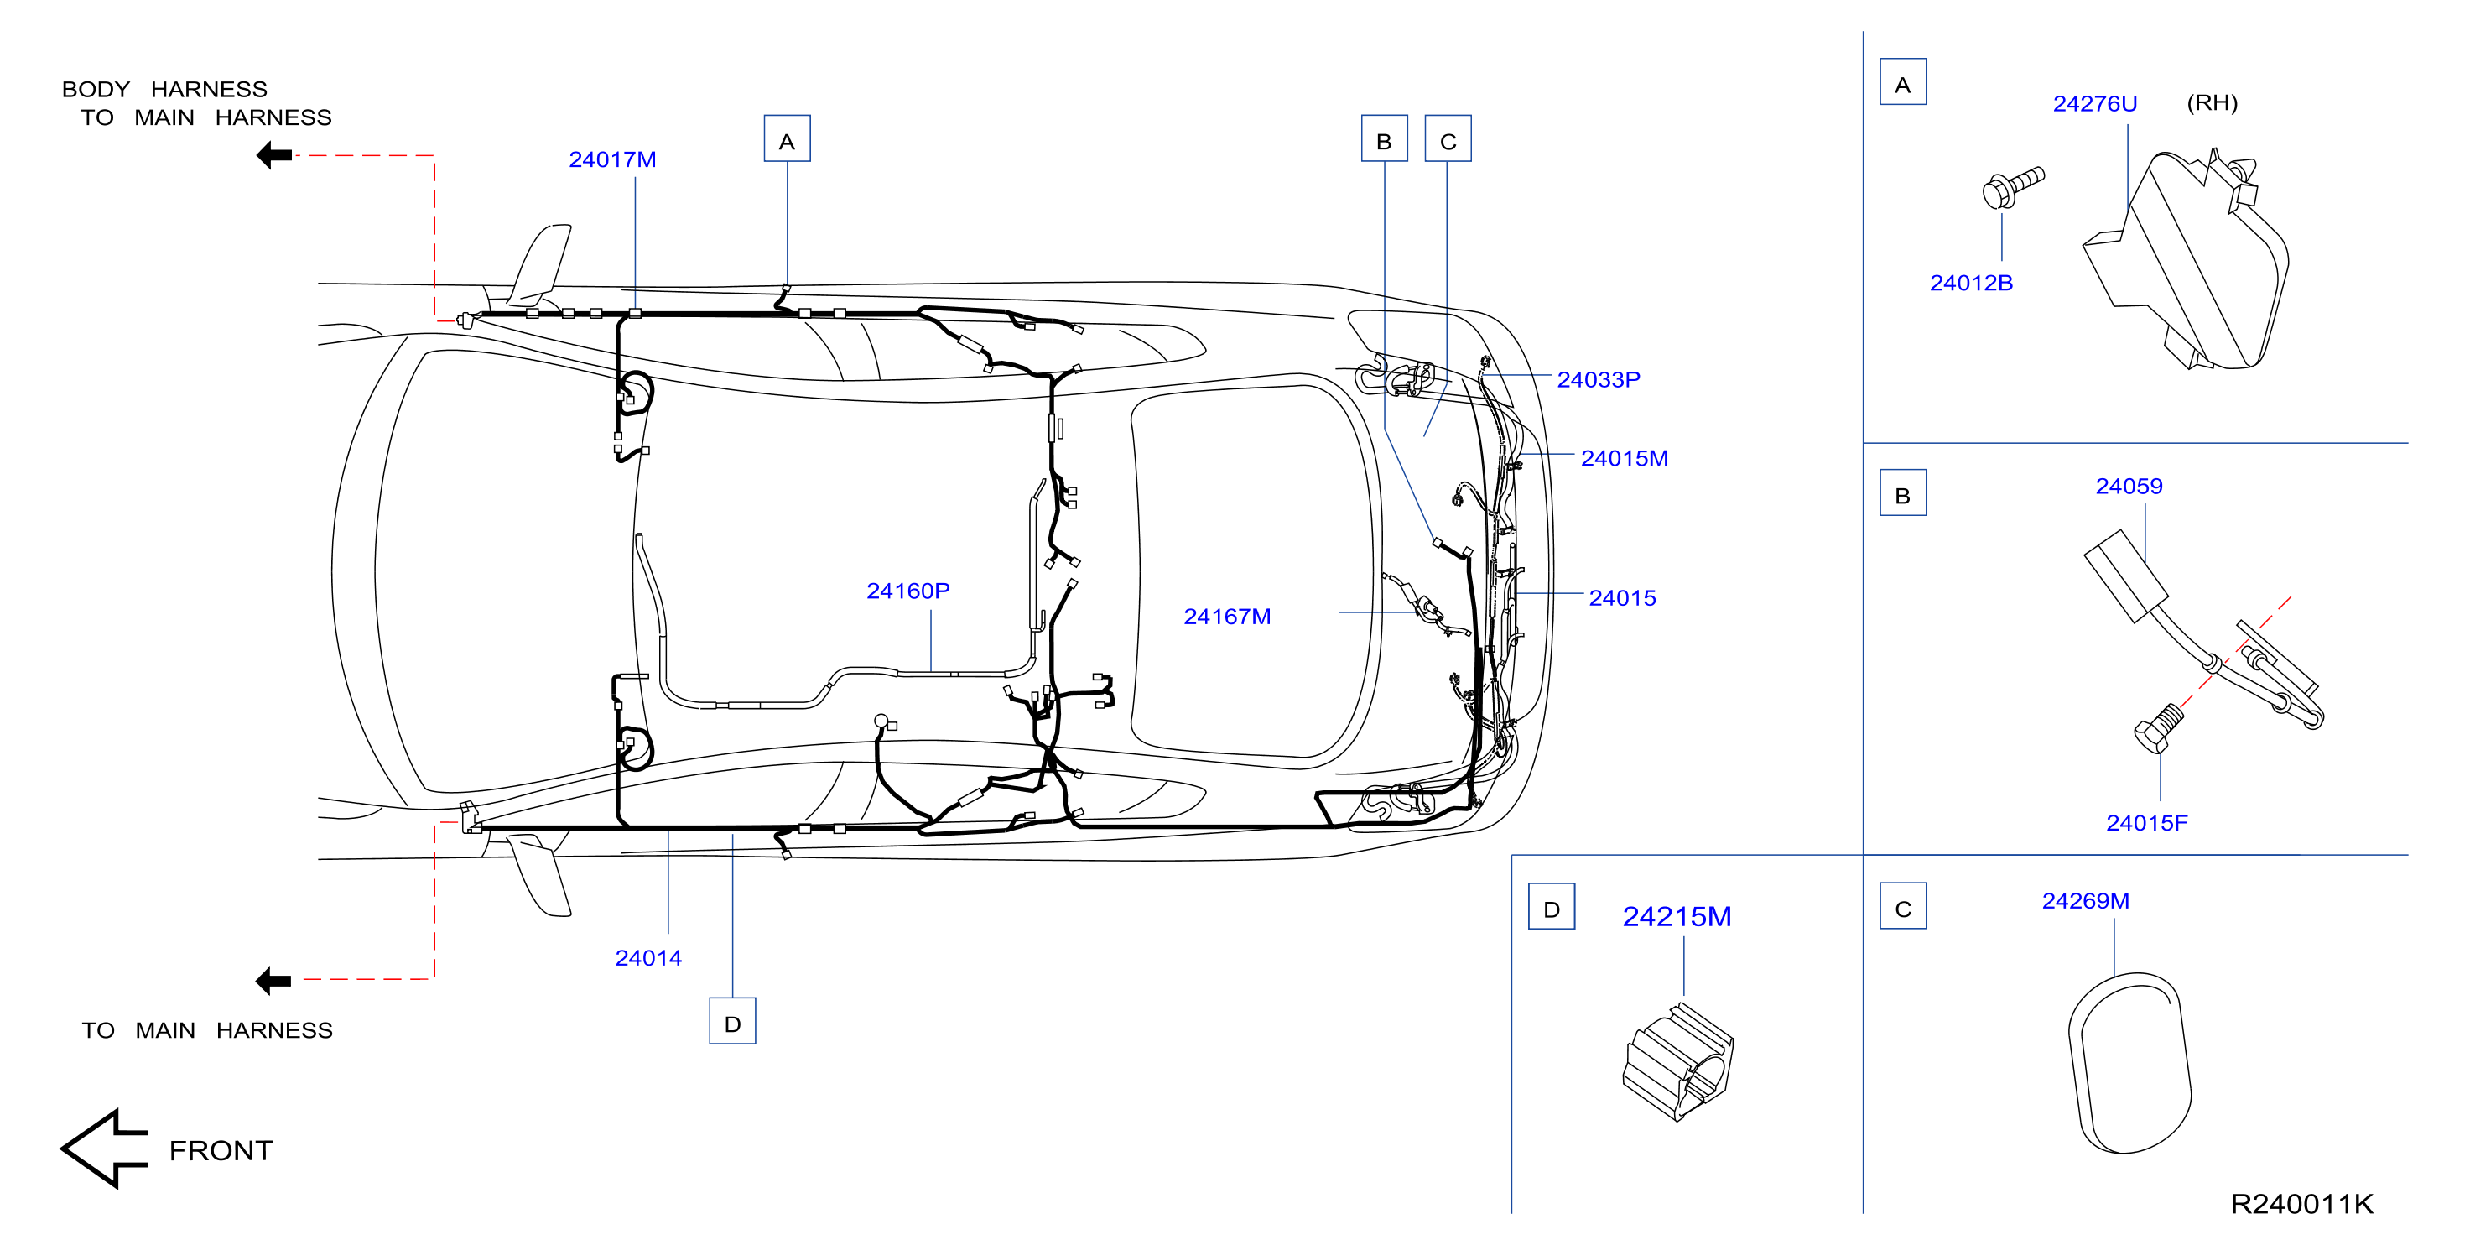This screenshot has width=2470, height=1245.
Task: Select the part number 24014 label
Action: (648, 957)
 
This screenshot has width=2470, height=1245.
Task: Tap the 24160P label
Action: (908, 591)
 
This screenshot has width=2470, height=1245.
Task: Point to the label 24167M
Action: (1227, 617)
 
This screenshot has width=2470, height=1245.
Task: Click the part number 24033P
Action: (1599, 380)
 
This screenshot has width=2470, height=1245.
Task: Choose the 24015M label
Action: (1625, 458)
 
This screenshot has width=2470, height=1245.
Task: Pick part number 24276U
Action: (2095, 103)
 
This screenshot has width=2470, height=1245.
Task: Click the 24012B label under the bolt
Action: (1972, 283)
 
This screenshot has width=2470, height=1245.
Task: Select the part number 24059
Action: (2129, 487)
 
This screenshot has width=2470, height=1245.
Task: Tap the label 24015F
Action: (2147, 823)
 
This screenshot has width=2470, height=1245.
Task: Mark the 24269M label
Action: (2086, 901)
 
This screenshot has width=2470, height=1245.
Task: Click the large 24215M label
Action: (1677, 917)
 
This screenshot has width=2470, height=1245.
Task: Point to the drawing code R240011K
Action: (2301, 1204)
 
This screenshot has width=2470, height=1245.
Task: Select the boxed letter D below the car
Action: (732, 1020)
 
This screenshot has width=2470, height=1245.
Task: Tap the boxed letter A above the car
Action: (788, 138)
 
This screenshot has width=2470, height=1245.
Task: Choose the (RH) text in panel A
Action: (2212, 102)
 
